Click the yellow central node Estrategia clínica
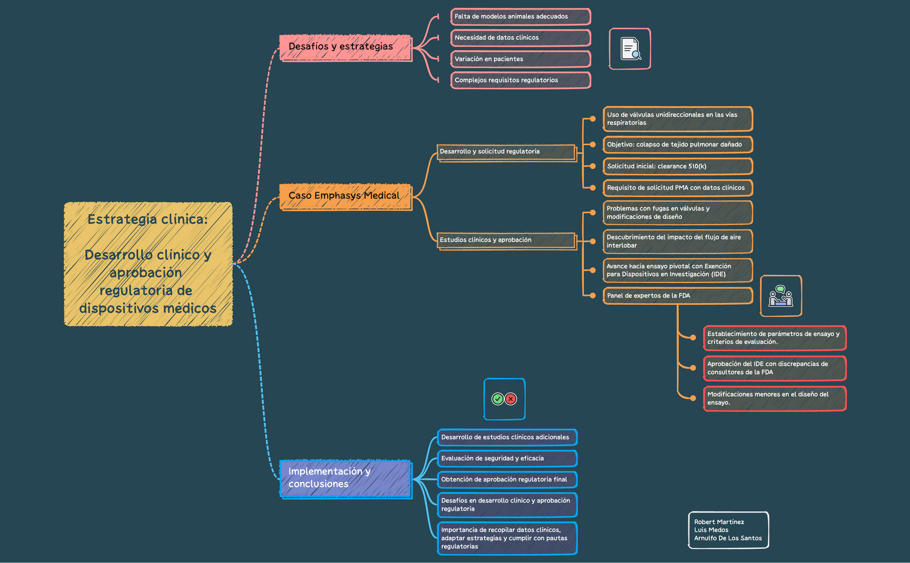(x=148, y=264)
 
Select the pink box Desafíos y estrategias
(x=345, y=47)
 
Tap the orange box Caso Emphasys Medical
(x=345, y=196)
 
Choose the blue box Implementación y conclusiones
(x=345, y=478)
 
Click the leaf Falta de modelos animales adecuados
(x=520, y=16)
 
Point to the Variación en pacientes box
(x=520, y=59)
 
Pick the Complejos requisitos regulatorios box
(x=520, y=80)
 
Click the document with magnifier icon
(x=630, y=49)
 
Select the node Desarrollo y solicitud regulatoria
(x=506, y=152)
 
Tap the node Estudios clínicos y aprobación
(x=506, y=240)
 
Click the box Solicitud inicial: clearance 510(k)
(x=677, y=166)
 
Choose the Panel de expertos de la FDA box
(x=677, y=296)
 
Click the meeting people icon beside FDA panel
(x=781, y=296)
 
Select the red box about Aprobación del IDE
(x=774, y=368)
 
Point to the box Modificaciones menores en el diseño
(x=774, y=399)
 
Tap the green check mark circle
(x=498, y=399)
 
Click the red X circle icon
(x=511, y=399)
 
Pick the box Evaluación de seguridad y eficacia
(x=507, y=459)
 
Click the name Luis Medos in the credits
(x=711, y=530)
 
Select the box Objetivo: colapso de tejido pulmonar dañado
(x=677, y=145)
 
